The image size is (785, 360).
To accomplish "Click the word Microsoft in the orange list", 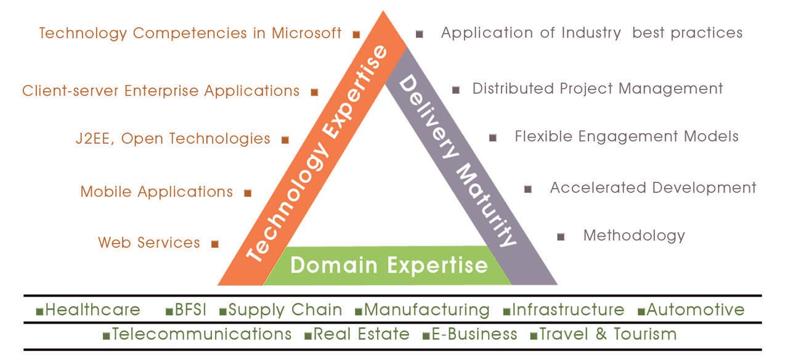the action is click(306, 33).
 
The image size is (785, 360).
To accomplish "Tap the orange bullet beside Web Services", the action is click(215, 244).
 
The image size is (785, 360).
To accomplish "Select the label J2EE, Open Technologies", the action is click(173, 139).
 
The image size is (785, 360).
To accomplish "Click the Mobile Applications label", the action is click(157, 192).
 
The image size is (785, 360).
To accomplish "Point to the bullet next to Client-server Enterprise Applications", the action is click(314, 92).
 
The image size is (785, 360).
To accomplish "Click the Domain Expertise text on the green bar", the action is click(389, 265).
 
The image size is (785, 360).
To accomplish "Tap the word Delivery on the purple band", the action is click(429, 117).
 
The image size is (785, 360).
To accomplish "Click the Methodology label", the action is click(634, 235).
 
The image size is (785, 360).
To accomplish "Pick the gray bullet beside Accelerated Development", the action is click(528, 189).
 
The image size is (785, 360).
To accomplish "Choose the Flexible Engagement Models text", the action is click(627, 136).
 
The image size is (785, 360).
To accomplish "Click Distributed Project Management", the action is click(598, 89).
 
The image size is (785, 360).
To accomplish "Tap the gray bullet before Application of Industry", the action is click(419, 34).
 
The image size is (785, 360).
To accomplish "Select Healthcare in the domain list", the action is click(93, 310).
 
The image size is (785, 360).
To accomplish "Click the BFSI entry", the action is click(190, 310).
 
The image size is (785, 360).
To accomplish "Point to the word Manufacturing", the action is click(426, 310).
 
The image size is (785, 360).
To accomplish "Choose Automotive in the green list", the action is click(695, 310).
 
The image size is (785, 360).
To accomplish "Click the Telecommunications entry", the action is click(202, 334).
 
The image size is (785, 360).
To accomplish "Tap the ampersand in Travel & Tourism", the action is click(601, 333).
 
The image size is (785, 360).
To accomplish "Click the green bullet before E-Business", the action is click(426, 337).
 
